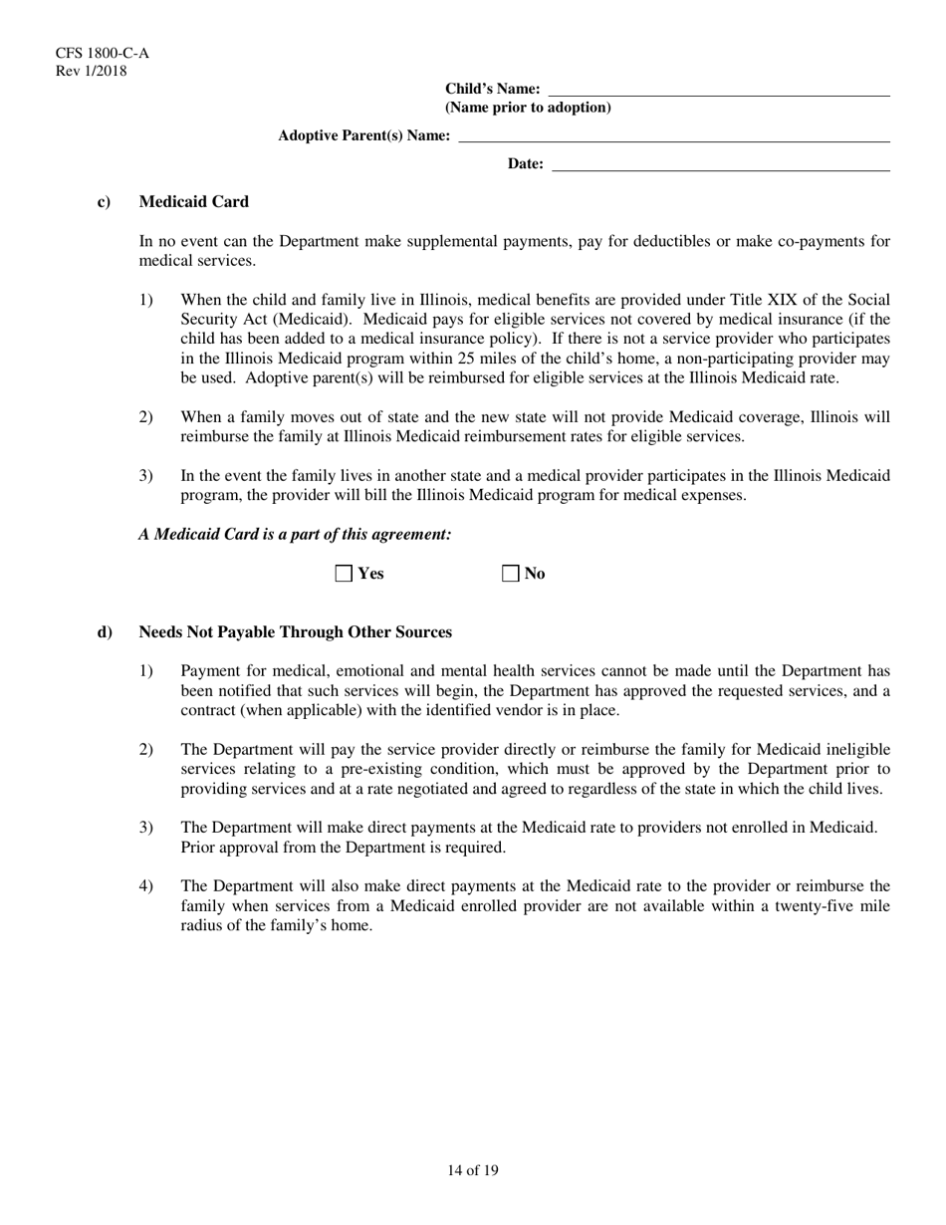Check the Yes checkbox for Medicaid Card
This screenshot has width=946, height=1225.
click(x=345, y=574)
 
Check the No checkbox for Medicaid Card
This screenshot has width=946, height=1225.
click(x=511, y=574)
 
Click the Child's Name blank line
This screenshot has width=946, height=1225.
click(x=719, y=90)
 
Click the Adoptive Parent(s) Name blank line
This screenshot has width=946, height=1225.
click(x=673, y=135)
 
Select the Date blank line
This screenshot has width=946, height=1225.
click(x=720, y=164)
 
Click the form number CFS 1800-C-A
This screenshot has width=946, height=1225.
click(x=96, y=54)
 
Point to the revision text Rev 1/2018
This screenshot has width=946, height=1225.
click(x=91, y=71)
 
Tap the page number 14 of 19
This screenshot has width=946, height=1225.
click(x=473, y=1170)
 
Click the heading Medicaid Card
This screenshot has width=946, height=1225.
click(x=193, y=202)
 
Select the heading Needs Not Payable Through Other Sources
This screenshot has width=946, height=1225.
click(x=295, y=632)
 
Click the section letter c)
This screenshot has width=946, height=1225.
click(x=104, y=202)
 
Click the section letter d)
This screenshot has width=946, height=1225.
click(x=104, y=632)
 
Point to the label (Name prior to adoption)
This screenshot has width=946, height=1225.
click(x=528, y=108)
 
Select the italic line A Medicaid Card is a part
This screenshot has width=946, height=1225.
click(x=295, y=535)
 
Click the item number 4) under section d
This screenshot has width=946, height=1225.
click(x=146, y=886)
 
